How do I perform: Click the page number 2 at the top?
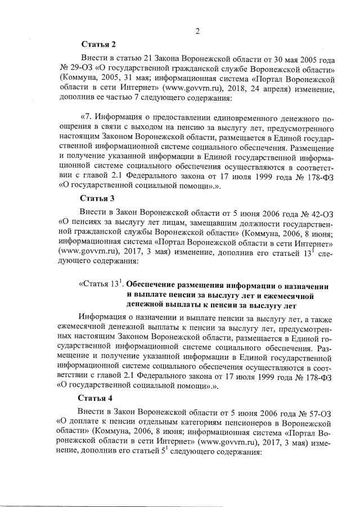(x=197, y=31)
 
